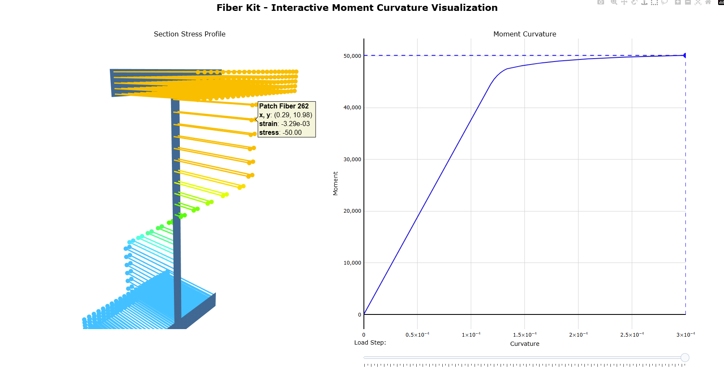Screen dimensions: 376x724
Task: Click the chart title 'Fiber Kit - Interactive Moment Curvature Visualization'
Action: point(357,8)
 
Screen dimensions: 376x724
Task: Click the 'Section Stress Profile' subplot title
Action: point(189,34)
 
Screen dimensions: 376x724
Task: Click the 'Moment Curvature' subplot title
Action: point(524,34)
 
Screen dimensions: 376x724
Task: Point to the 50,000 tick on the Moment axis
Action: point(352,56)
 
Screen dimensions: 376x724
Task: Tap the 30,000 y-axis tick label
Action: point(352,160)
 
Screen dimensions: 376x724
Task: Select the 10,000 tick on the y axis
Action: point(352,263)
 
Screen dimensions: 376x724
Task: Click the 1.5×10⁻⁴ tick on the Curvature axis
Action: point(524,335)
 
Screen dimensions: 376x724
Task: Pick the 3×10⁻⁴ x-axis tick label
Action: point(685,335)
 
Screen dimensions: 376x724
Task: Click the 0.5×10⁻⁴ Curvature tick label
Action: point(417,335)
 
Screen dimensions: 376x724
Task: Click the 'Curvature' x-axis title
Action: point(524,344)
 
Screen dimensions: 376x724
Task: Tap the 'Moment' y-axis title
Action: point(335,183)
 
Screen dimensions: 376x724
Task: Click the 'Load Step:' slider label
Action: point(370,343)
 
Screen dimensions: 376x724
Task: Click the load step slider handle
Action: point(685,358)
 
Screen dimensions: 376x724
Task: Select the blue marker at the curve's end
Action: point(685,55)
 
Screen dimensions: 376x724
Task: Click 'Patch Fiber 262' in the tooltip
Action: point(284,106)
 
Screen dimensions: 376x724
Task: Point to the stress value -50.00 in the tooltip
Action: point(292,133)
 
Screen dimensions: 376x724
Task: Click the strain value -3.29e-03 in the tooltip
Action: point(296,124)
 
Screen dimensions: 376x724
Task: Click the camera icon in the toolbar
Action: point(601,2)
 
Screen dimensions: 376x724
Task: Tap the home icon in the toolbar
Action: point(708,2)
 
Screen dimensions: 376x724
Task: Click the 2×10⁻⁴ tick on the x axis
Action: point(578,335)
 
